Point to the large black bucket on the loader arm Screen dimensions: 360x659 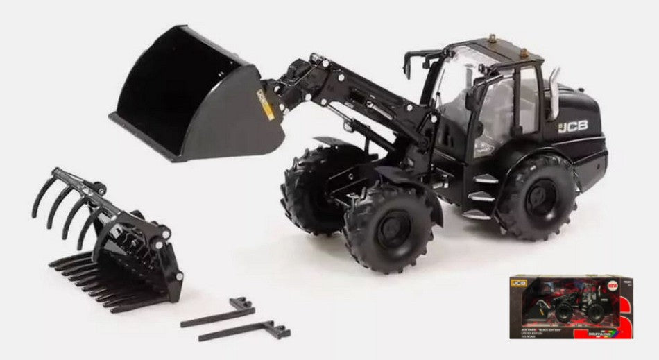click(194, 97)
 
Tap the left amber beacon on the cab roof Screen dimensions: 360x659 click(492, 38)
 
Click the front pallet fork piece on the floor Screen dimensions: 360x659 click(243, 329)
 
